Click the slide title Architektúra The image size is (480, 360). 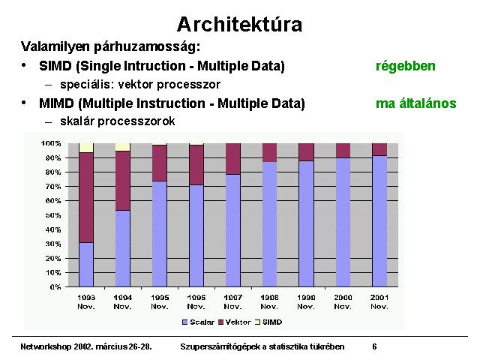point(240,25)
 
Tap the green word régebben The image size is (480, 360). point(405,67)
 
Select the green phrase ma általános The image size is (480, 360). point(415,103)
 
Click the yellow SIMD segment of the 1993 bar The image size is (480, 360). point(86,148)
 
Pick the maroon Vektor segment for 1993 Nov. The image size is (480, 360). point(86,198)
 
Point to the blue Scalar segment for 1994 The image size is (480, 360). point(123,248)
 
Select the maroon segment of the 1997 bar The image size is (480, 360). point(233,159)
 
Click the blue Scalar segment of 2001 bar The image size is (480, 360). point(379,221)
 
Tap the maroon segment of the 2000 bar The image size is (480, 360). point(343,151)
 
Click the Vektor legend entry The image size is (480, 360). point(235,322)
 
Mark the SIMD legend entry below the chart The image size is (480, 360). point(268,322)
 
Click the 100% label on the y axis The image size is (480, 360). point(51,143)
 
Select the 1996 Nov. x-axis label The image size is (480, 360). point(196,301)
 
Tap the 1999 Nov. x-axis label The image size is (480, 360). point(307,301)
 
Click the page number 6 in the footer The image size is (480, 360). point(374,346)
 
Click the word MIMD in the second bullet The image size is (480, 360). point(57,103)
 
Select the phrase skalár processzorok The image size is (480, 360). point(118,121)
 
